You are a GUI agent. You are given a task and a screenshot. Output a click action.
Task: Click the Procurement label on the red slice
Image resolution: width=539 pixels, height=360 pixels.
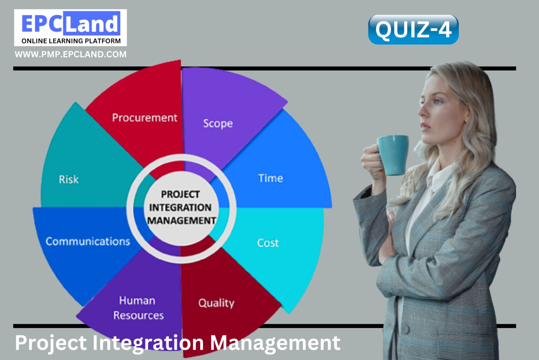click(x=145, y=118)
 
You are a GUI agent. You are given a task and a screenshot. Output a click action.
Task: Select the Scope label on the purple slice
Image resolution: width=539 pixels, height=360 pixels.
click(x=218, y=123)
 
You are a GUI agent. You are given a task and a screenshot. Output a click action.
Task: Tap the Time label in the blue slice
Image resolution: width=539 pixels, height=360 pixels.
click(x=271, y=178)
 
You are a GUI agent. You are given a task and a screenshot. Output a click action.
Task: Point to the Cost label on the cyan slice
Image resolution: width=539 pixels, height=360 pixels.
click(x=268, y=243)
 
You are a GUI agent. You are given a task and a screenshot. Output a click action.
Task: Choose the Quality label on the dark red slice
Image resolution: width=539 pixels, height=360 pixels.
click(x=216, y=303)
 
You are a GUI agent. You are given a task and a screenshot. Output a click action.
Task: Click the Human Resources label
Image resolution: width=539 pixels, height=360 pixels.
click(x=138, y=308)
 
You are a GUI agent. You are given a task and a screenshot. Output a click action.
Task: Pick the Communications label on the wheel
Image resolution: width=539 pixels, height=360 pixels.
click(x=88, y=241)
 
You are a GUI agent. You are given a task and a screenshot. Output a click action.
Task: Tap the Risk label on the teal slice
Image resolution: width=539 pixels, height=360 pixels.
click(x=68, y=179)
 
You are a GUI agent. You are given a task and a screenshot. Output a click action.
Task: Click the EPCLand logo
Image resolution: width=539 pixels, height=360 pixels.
click(x=71, y=24)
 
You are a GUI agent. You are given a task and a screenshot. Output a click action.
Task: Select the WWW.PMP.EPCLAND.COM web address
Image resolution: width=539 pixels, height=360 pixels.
click(x=71, y=54)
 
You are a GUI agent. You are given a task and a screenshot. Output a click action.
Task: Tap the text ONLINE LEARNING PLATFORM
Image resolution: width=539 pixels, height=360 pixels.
click(x=71, y=41)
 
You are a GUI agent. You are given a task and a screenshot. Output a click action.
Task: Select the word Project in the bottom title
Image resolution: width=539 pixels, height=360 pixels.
click(x=51, y=342)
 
